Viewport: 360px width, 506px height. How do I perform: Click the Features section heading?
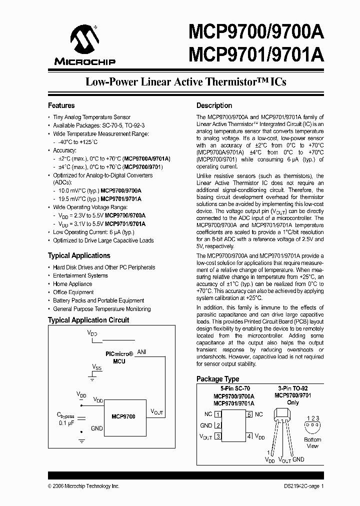pyautogui.click(x=61, y=105)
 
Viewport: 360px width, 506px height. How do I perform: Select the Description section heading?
pyautogui.click(x=214, y=105)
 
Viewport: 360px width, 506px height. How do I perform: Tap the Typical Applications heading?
pyautogui.click(x=79, y=255)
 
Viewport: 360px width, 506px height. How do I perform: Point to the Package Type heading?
pyautogui.click(x=217, y=379)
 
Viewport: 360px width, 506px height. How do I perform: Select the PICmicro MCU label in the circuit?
pyautogui.click(x=119, y=356)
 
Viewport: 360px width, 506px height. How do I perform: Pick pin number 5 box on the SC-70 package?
pyautogui.click(x=249, y=414)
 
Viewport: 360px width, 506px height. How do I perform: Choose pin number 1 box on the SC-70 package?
pyautogui.click(x=218, y=414)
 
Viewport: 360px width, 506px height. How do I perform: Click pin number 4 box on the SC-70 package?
pyautogui.click(x=249, y=436)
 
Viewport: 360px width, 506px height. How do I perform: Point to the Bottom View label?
pyautogui.click(x=312, y=443)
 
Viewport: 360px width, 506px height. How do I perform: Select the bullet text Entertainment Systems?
pyautogui.click(x=80, y=275)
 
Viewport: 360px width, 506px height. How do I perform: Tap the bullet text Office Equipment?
pyautogui.click(x=73, y=292)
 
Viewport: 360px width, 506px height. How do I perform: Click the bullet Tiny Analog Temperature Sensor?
pyautogui.click(x=91, y=117)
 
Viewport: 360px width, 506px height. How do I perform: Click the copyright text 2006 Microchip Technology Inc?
pyautogui.click(x=83, y=486)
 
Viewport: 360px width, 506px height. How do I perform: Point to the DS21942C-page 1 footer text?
pyautogui.click(x=299, y=486)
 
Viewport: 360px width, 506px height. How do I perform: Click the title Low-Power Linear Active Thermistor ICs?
pyautogui.click(x=186, y=81)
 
